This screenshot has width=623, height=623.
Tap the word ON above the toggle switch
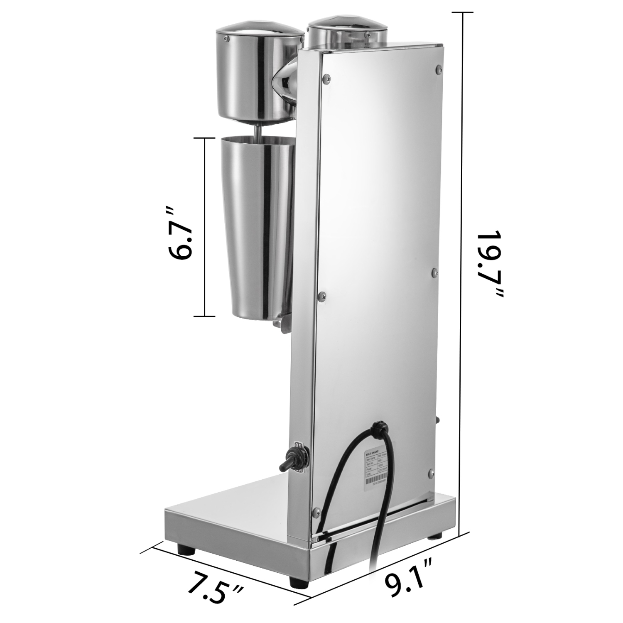click(x=298, y=445)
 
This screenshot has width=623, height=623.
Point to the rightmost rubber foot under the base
click(x=436, y=536)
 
